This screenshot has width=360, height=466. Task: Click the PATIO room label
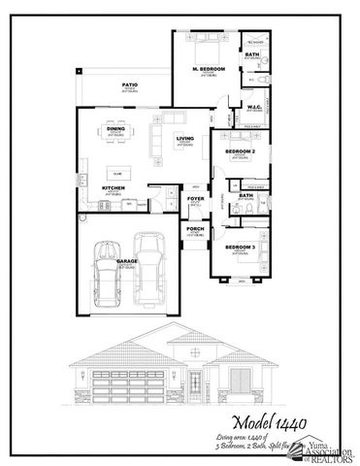click(x=129, y=85)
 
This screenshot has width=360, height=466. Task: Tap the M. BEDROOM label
click(x=209, y=70)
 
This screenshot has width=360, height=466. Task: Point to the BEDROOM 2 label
click(x=239, y=152)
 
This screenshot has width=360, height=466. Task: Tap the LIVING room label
click(x=184, y=139)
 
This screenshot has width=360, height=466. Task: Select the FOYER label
click(x=195, y=198)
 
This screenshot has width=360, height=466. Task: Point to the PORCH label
click(x=195, y=230)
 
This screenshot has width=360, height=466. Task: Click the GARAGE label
click(x=127, y=261)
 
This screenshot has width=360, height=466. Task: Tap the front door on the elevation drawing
click(x=195, y=381)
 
